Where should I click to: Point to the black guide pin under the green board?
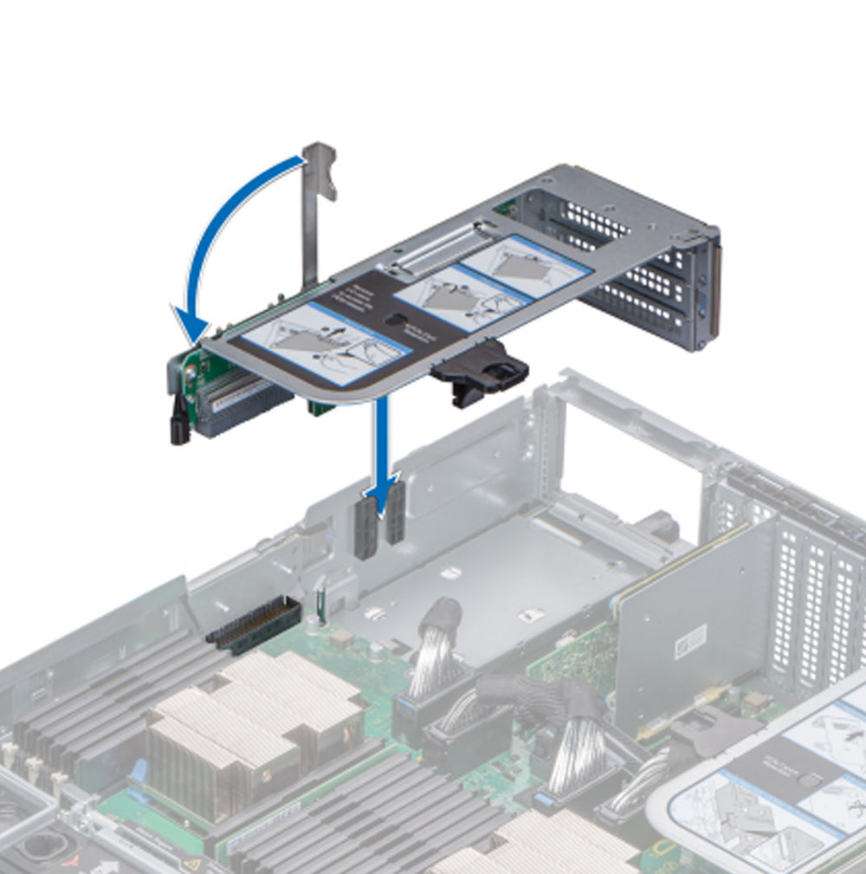point(180,427)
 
